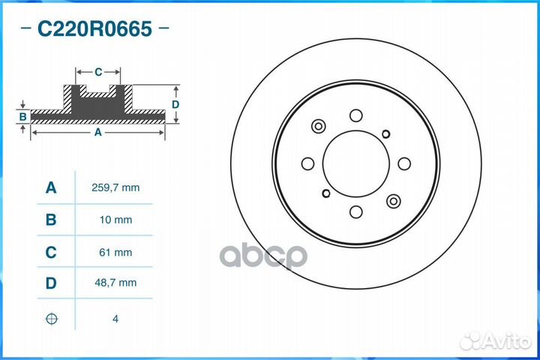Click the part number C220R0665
pyautogui.click(x=94, y=29)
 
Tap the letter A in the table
pyautogui.click(x=50, y=187)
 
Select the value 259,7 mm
pyautogui.click(x=115, y=187)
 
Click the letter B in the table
pyautogui.click(x=50, y=220)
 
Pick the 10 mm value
pyautogui.click(x=115, y=220)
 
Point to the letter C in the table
pyautogui.click(x=50, y=253)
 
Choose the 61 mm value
pyautogui.click(x=115, y=253)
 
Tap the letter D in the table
pyautogui.click(x=50, y=283)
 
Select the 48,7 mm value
pyautogui.click(x=115, y=283)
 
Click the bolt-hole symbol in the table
pyautogui.click(x=50, y=319)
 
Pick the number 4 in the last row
pyautogui.click(x=115, y=319)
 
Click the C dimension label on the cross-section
pyautogui.click(x=98, y=72)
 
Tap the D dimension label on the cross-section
pyautogui.click(x=175, y=105)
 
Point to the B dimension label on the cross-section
pyautogui.click(x=23, y=117)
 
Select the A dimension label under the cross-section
pyautogui.click(x=97, y=133)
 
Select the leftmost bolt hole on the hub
pyautogui.click(x=307, y=163)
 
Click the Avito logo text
pyautogui.click(x=504, y=341)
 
